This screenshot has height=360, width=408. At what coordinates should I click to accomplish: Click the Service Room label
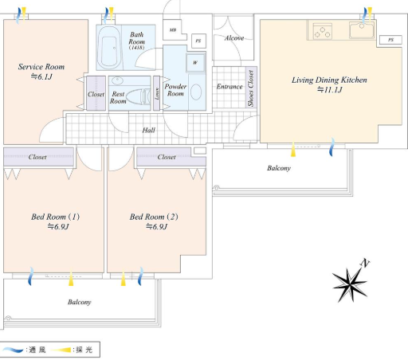[41, 67]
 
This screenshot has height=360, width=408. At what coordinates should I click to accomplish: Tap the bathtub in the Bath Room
[109, 48]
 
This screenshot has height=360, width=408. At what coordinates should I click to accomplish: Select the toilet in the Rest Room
[138, 96]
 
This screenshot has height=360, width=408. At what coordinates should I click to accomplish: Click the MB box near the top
[173, 29]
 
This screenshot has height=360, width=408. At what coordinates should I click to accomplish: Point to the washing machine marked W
[196, 63]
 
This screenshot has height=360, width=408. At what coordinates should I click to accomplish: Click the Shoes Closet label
[251, 88]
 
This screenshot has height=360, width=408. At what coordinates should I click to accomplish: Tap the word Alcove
[234, 38]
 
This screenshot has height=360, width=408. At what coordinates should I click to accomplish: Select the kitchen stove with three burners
[322, 31]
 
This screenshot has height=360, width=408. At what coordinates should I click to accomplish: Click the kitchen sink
[362, 30]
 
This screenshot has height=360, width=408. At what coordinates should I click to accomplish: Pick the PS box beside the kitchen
[390, 40]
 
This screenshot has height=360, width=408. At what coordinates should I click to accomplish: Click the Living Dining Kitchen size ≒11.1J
[329, 90]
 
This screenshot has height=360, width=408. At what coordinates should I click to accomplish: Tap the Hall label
[148, 130]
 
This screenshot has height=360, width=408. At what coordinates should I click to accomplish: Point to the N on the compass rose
[365, 263]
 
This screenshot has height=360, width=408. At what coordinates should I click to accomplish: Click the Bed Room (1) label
[56, 217]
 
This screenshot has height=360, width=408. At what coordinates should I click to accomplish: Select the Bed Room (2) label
[154, 217]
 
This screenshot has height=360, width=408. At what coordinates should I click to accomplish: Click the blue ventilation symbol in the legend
[13, 350]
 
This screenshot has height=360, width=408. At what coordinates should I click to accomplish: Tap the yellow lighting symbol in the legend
[61, 350]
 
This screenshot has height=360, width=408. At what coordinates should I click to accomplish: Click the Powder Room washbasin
[196, 92]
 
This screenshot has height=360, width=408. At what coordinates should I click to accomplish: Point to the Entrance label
[229, 87]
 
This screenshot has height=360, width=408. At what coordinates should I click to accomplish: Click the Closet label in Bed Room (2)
[167, 157]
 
